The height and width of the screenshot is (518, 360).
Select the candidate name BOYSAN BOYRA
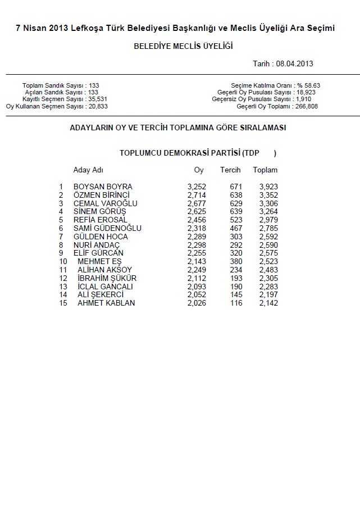coord(103,187)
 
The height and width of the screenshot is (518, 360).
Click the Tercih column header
coord(230,170)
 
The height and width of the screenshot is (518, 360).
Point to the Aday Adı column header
coord(88,170)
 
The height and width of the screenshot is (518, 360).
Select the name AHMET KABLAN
coord(107,303)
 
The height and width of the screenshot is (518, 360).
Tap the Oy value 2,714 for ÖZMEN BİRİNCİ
coord(197,195)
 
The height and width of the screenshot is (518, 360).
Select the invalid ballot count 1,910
coord(303,99)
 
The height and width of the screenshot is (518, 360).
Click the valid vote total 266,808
coord(306,106)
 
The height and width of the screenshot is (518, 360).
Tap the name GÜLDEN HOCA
coord(101,237)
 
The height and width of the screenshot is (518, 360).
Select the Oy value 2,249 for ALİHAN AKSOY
coord(197,270)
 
